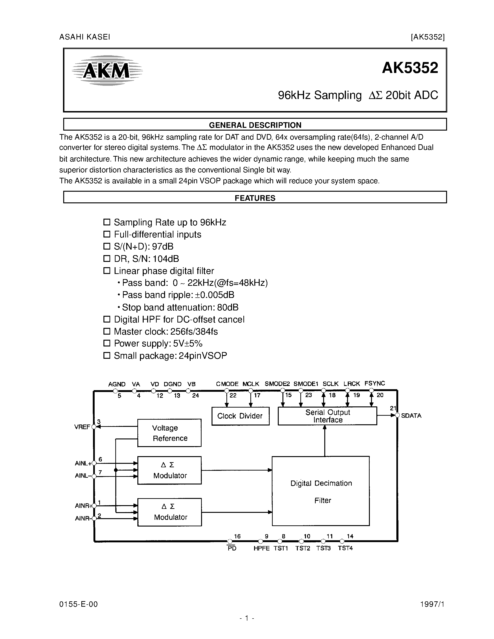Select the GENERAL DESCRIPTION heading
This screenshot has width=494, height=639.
[255, 125]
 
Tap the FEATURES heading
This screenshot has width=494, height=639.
[255, 198]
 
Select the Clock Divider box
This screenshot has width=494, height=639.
[240, 416]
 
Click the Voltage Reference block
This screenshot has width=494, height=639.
[169, 433]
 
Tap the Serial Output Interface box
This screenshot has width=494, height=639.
[327, 416]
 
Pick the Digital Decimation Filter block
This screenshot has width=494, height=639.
[321, 491]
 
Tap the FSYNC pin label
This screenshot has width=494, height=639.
[374, 383]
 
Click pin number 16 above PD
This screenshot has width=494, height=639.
[237, 536]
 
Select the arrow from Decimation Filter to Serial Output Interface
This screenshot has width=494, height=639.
[324, 440]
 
